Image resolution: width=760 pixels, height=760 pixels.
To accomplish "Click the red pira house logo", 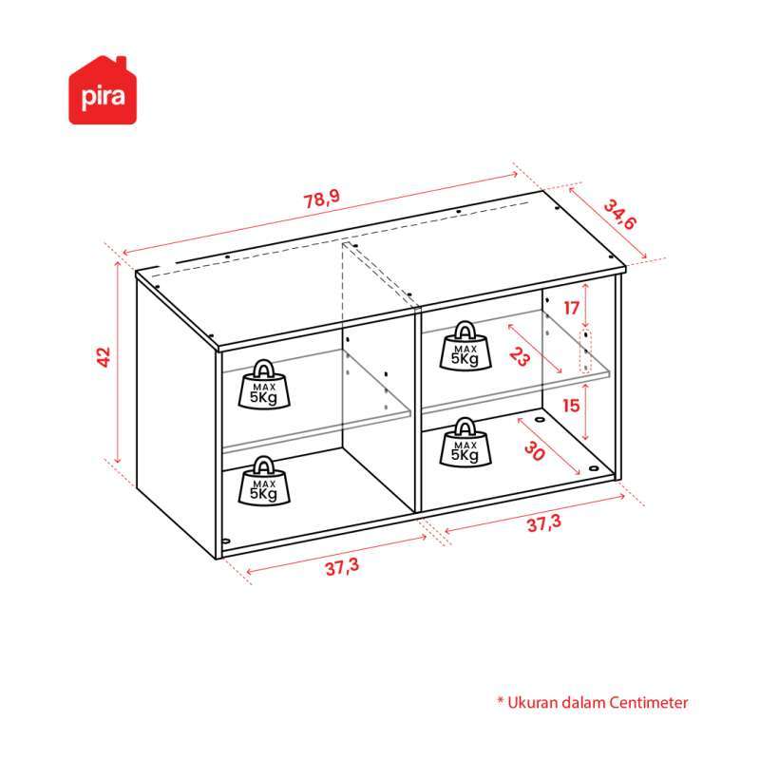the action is pos(103,90).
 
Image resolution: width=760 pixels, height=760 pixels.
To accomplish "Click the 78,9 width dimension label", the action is pos(322,199).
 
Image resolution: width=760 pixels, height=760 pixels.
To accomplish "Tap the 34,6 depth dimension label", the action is pos(619,215).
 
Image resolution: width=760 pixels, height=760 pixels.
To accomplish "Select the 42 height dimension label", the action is pos(104,357).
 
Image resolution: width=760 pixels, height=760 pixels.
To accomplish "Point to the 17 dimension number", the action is pos(572,308).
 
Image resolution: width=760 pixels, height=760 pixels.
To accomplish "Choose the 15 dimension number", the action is pos(572,406).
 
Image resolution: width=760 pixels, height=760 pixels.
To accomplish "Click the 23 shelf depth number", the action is pos(520,357).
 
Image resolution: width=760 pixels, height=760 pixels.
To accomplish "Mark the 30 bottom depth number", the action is pos(535,451).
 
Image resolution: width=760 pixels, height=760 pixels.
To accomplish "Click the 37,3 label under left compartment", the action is pos(342,566).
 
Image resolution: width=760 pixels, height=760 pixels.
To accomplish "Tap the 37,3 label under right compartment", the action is pos(543,523).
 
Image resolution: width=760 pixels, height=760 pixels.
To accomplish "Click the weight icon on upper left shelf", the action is pos(264,385).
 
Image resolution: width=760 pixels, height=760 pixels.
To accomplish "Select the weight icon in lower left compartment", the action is pos(264,481).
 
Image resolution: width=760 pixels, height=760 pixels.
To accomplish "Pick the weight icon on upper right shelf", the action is pos(465,346).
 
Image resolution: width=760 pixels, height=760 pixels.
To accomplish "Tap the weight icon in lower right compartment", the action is pos(465,442).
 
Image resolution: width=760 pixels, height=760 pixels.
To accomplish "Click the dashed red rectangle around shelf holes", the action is pos(586,351).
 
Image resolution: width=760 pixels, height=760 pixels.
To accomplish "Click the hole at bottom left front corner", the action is pos(225,541).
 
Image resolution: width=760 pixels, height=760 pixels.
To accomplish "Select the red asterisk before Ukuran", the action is pos(501,699).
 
